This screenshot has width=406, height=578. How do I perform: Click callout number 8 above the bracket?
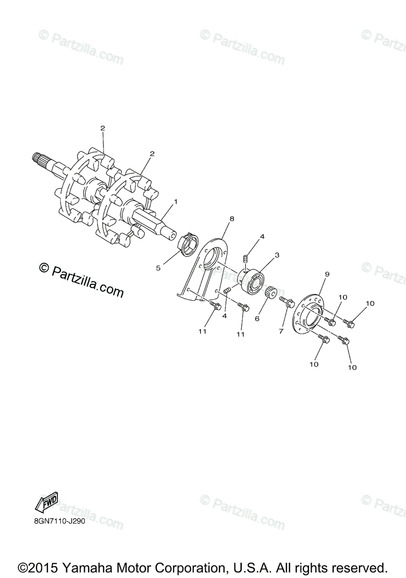coord(232,218)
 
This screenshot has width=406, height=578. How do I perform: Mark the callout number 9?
coord(327,274)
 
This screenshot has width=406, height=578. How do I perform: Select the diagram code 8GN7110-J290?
coord(60,522)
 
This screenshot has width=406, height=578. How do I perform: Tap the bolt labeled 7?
coord(288,302)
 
